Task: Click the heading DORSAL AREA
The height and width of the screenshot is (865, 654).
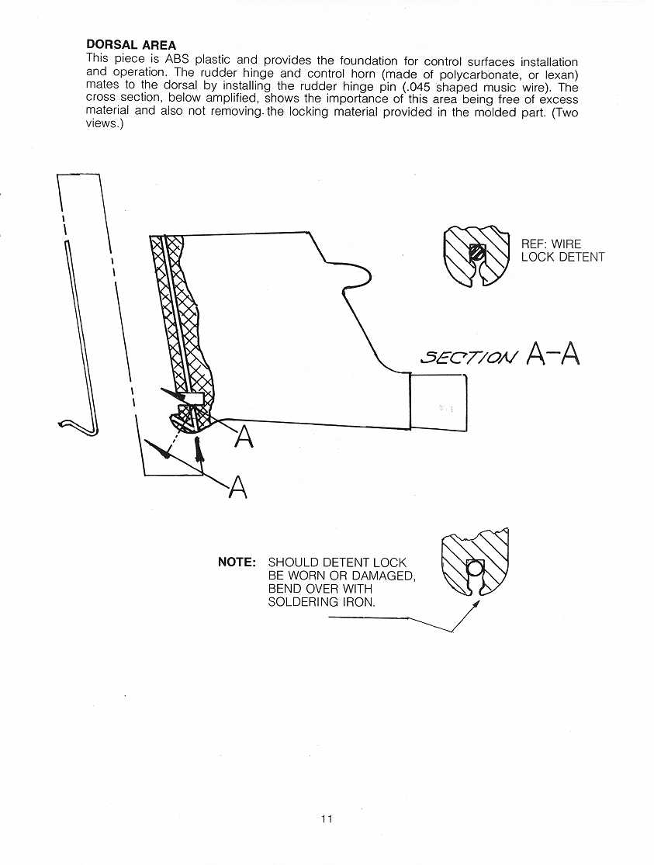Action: point(131,45)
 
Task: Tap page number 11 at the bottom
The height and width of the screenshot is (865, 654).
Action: point(327,818)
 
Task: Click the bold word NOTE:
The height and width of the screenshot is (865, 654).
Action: point(237,562)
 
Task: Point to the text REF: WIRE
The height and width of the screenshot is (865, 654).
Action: point(551,244)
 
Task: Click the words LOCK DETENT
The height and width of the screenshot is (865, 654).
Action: point(563,257)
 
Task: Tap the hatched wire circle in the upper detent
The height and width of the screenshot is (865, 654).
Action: point(476,253)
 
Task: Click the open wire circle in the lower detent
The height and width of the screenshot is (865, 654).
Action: point(474,568)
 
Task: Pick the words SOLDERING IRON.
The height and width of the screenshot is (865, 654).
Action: point(321,602)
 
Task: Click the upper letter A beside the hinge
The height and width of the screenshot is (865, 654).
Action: point(244,437)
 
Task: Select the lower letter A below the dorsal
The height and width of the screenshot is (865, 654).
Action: point(238,486)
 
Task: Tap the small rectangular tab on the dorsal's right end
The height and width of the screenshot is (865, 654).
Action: point(439,402)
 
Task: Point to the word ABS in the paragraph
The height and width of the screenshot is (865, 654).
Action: point(177,61)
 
